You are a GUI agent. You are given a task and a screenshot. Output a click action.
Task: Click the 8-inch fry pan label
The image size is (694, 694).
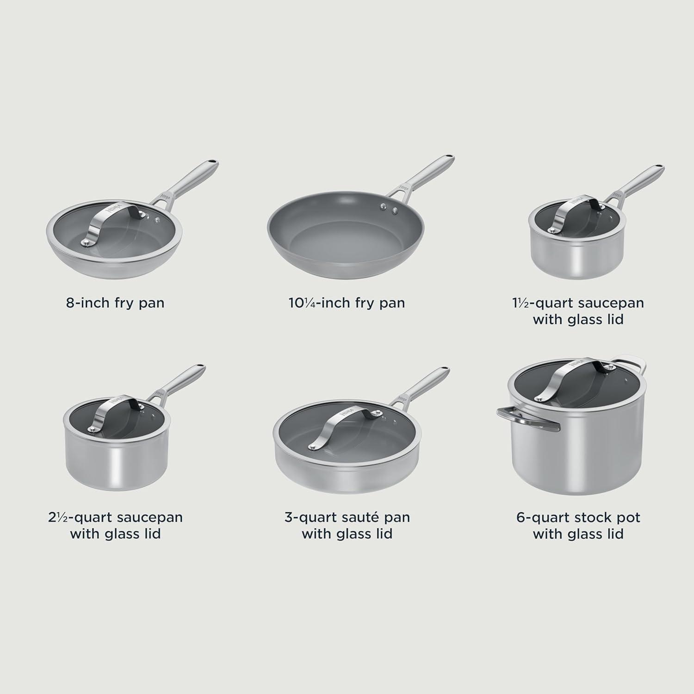pyautogui.click(x=115, y=303)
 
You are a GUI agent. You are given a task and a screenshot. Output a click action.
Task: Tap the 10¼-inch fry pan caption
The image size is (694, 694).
pyautogui.click(x=347, y=303)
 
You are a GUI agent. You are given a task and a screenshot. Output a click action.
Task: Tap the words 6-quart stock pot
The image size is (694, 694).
pyautogui.click(x=578, y=517)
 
